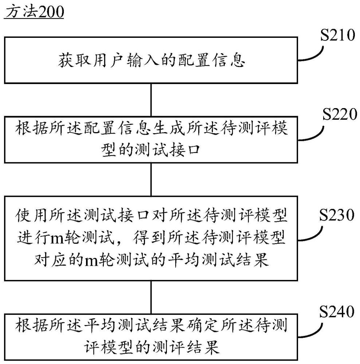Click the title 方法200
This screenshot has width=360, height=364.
click(34, 12)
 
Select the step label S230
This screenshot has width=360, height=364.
click(337, 215)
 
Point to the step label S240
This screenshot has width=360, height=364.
click(337, 312)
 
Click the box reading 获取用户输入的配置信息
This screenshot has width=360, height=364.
click(150, 60)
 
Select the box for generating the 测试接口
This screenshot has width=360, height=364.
click(150, 139)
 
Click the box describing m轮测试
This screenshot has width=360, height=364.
click(150, 238)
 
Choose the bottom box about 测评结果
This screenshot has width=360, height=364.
click(150, 336)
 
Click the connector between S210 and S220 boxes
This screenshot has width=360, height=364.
click(151, 100)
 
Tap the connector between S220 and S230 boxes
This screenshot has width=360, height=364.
click(151, 179)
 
